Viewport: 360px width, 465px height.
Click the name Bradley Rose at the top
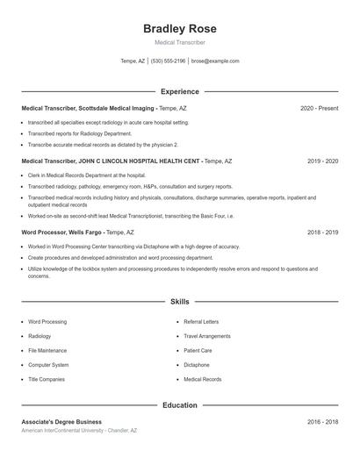point(179,29)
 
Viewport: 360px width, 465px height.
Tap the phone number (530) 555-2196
point(168,61)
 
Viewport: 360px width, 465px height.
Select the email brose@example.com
point(215,61)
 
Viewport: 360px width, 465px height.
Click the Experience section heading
point(179,91)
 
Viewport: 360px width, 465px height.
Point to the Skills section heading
point(179,301)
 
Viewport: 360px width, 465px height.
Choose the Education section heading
point(179,405)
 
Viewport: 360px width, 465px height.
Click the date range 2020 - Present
point(319,108)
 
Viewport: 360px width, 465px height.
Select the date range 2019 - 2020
point(322,161)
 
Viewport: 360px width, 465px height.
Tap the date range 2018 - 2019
point(322,232)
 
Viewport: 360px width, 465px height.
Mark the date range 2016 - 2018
point(322,422)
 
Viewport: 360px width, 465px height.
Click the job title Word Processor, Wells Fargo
point(61,232)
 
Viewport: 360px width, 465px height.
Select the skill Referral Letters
point(201,322)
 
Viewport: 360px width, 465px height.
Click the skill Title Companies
point(47,379)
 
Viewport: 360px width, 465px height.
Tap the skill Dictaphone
point(197,365)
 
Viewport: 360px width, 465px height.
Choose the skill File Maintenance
point(48,350)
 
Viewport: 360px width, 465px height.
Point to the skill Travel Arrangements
point(206,336)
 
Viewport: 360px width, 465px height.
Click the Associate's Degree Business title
point(61,422)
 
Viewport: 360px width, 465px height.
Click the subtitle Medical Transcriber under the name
point(179,42)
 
